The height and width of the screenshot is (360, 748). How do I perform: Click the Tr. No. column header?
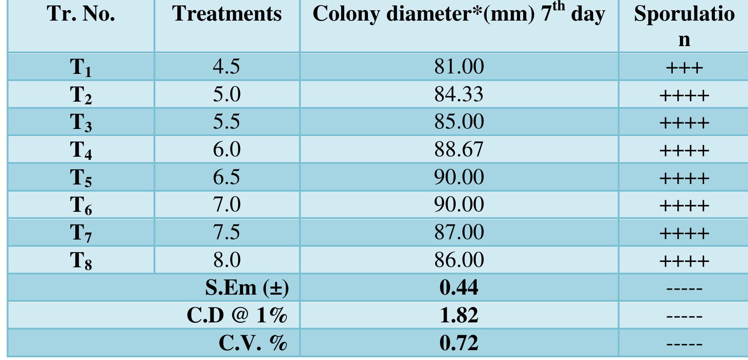coord(81,14)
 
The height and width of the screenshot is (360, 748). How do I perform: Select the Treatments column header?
coord(227,14)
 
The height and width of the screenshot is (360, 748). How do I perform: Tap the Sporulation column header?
coord(684,26)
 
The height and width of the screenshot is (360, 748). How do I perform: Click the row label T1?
coord(81,68)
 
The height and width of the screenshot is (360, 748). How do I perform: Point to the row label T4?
coord(81,150)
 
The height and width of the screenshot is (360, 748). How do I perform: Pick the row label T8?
coord(81,261)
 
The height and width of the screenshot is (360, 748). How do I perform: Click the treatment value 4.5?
coord(227,67)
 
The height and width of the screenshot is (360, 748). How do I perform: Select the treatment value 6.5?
coord(227,177)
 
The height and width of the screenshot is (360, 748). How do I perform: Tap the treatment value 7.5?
coord(227,232)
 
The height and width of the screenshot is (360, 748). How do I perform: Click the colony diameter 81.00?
coord(459,67)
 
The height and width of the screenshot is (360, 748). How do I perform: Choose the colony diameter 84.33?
coord(459,94)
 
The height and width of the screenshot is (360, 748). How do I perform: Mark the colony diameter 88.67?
coord(459,150)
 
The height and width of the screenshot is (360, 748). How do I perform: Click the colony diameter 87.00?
coord(459,232)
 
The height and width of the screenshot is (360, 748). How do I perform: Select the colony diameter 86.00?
coord(459,260)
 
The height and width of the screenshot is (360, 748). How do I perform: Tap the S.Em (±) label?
coord(247,288)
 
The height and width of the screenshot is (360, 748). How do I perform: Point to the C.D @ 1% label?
coord(237,315)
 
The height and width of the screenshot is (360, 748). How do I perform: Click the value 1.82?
coord(459,315)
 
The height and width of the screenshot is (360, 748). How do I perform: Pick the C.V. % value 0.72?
coord(459,343)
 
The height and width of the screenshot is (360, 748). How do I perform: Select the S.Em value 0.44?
coord(459,287)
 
